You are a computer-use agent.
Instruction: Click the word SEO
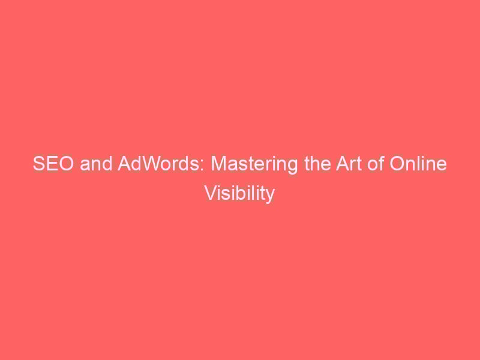[53, 163]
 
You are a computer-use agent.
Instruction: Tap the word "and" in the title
[96, 163]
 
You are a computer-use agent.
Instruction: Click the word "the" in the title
[317, 163]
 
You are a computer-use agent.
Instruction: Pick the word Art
[349, 163]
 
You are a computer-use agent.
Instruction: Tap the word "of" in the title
[376, 163]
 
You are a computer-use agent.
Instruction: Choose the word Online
[418, 163]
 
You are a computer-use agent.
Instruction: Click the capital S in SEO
[38, 163]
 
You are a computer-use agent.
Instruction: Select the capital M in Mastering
[218, 163]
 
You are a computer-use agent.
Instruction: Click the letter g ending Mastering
[292, 167]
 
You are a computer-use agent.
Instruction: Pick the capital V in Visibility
[211, 193]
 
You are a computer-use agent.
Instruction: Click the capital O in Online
[397, 163]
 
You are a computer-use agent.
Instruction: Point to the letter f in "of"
[381, 163]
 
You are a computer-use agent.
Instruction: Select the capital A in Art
[343, 163]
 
